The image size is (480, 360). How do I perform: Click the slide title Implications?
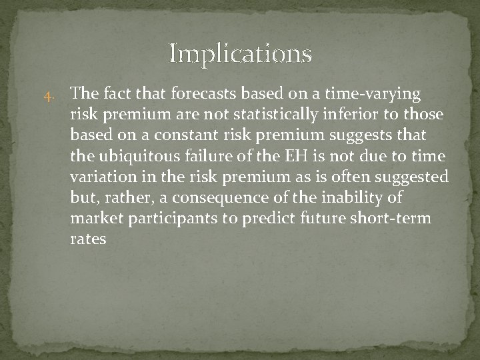point(240,53)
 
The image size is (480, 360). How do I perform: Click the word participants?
point(162,218)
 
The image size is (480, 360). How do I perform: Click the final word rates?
point(87,239)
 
